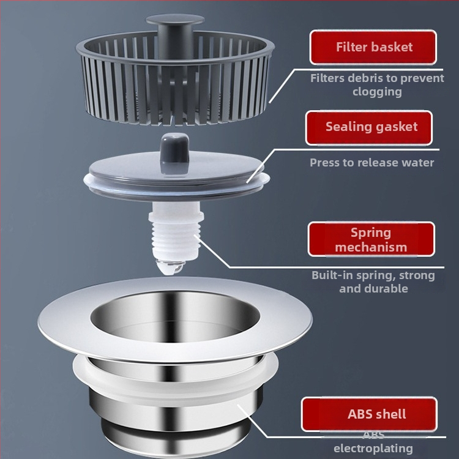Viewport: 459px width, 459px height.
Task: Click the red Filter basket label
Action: [x=373, y=47]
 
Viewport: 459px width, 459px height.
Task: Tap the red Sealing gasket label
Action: [x=369, y=127]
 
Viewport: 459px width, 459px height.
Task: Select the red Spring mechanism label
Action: [x=371, y=239]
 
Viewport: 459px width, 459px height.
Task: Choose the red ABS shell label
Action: [x=369, y=414]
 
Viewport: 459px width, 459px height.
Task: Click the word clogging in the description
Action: [x=377, y=92]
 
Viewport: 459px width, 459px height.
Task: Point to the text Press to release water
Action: [x=371, y=162]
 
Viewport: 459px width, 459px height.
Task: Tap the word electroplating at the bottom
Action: [x=373, y=448]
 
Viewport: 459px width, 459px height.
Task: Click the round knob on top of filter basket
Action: [x=175, y=20]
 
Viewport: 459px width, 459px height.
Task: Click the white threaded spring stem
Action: [x=176, y=231]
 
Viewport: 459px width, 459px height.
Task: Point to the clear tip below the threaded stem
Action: [x=170, y=267]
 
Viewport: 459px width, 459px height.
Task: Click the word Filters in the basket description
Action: [x=327, y=78]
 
